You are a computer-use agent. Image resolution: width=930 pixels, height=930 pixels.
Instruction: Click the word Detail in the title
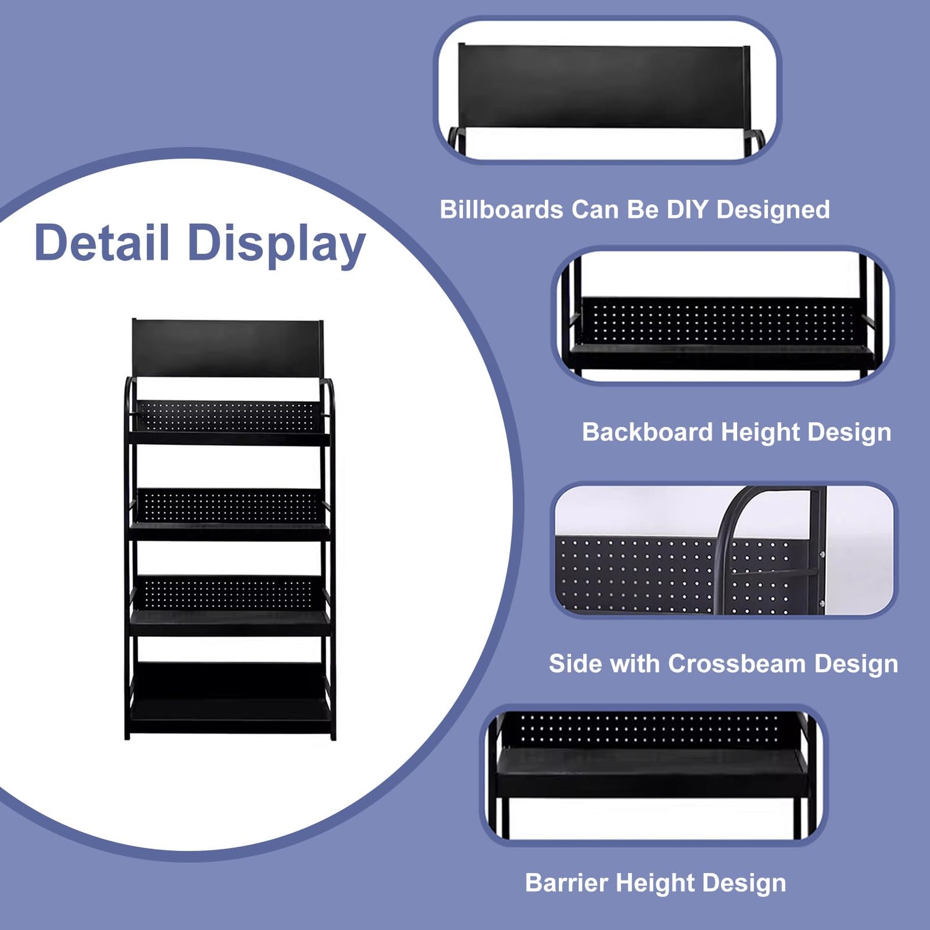tap(102, 242)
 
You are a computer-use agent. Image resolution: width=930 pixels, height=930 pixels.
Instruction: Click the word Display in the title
tap(277, 244)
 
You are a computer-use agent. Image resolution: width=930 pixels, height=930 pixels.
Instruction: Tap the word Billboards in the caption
tap(501, 210)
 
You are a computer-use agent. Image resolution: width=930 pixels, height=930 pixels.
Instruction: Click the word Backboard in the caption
tap(647, 432)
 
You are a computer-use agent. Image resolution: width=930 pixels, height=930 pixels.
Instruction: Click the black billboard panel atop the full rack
tap(227, 348)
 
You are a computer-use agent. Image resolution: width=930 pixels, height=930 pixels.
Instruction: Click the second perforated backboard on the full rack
tap(227, 505)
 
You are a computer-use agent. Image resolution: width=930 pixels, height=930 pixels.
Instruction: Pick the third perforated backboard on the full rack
tap(227, 592)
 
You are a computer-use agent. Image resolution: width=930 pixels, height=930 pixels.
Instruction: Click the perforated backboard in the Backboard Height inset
tap(719, 321)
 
